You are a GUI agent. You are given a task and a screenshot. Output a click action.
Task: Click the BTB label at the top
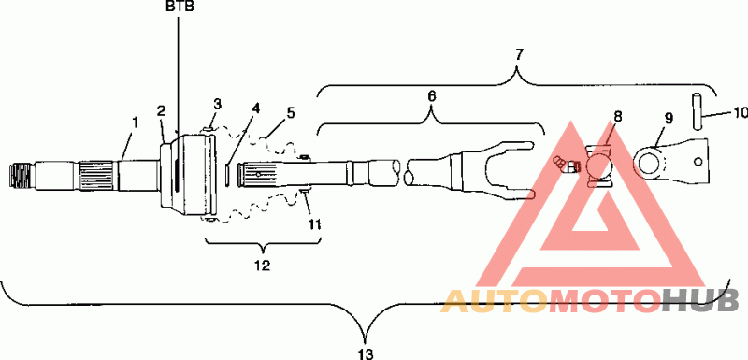click(180, 7)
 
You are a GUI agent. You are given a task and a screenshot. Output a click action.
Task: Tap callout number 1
click(135, 122)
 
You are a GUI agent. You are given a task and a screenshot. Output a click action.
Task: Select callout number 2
click(162, 111)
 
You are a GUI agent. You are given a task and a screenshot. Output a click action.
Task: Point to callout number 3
click(218, 104)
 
